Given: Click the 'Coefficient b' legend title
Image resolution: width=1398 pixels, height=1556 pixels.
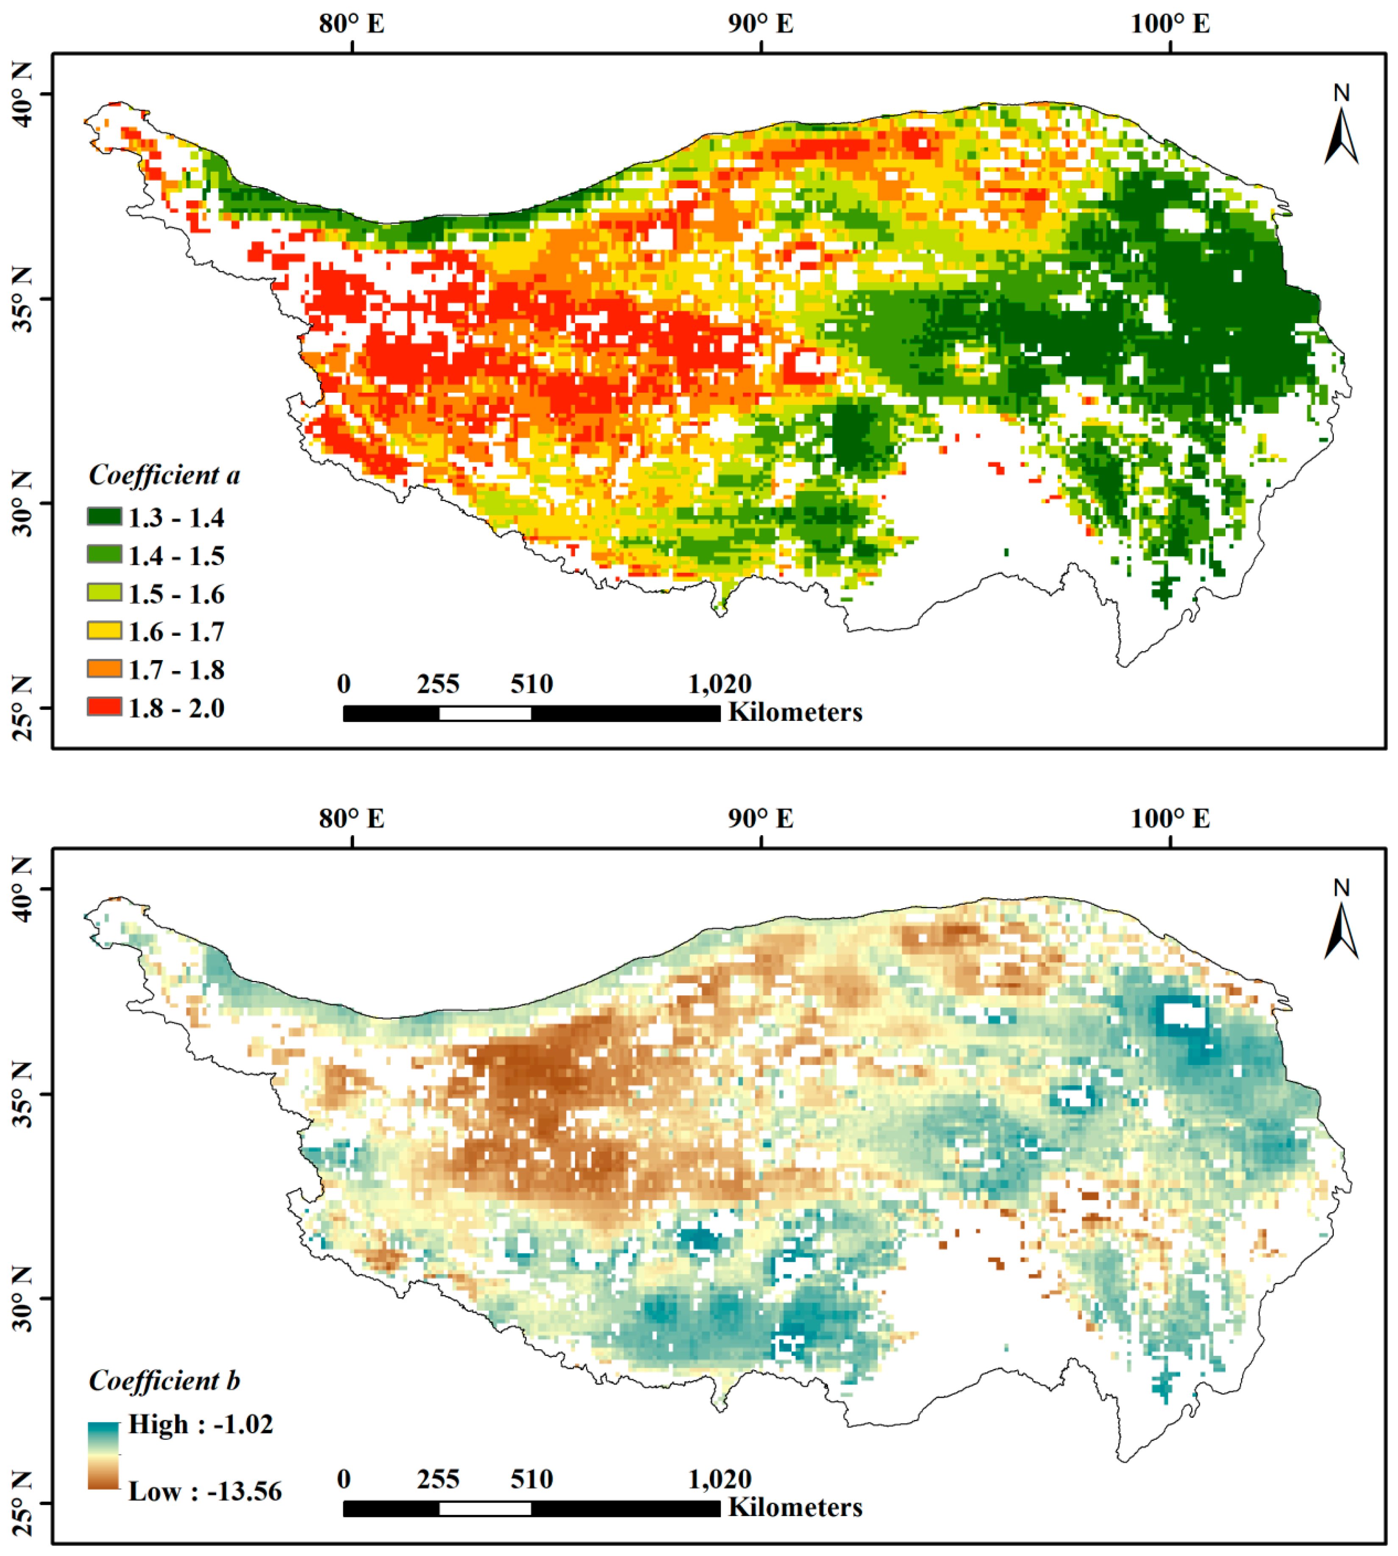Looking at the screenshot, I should [x=164, y=1381].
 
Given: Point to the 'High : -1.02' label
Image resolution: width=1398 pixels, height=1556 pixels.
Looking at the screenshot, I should [x=200, y=1424].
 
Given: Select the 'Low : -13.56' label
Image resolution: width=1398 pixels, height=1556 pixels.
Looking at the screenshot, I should [x=205, y=1492].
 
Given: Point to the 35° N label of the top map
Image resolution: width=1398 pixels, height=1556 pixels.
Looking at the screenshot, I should [x=22, y=300].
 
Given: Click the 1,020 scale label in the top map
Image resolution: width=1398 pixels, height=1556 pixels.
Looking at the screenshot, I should [x=719, y=683].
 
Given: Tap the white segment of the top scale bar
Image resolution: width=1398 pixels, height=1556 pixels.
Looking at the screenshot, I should [x=485, y=713].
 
